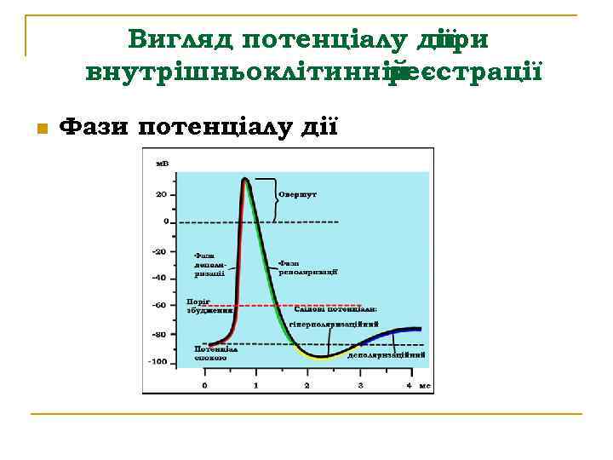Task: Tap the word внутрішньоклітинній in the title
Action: pyautogui.click(x=242, y=72)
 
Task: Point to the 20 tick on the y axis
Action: pyautogui.click(x=160, y=194)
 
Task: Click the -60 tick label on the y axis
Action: pyautogui.click(x=158, y=305)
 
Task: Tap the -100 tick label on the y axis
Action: pyautogui.click(x=158, y=362)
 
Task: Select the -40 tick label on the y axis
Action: pyautogui.click(x=158, y=278)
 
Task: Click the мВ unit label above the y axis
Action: pyautogui.click(x=160, y=164)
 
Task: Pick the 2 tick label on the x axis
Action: pyautogui.click(x=307, y=386)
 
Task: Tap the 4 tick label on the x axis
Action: pyautogui.click(x=410, y=386)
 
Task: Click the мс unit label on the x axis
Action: pyautogui.click(x=424, y=386)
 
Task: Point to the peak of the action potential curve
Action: pyautogui.click(x=245, y=179)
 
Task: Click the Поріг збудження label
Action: pyautogui.click(x=209, y=307)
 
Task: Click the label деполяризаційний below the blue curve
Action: pyautogui.click(x=387, y=354)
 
